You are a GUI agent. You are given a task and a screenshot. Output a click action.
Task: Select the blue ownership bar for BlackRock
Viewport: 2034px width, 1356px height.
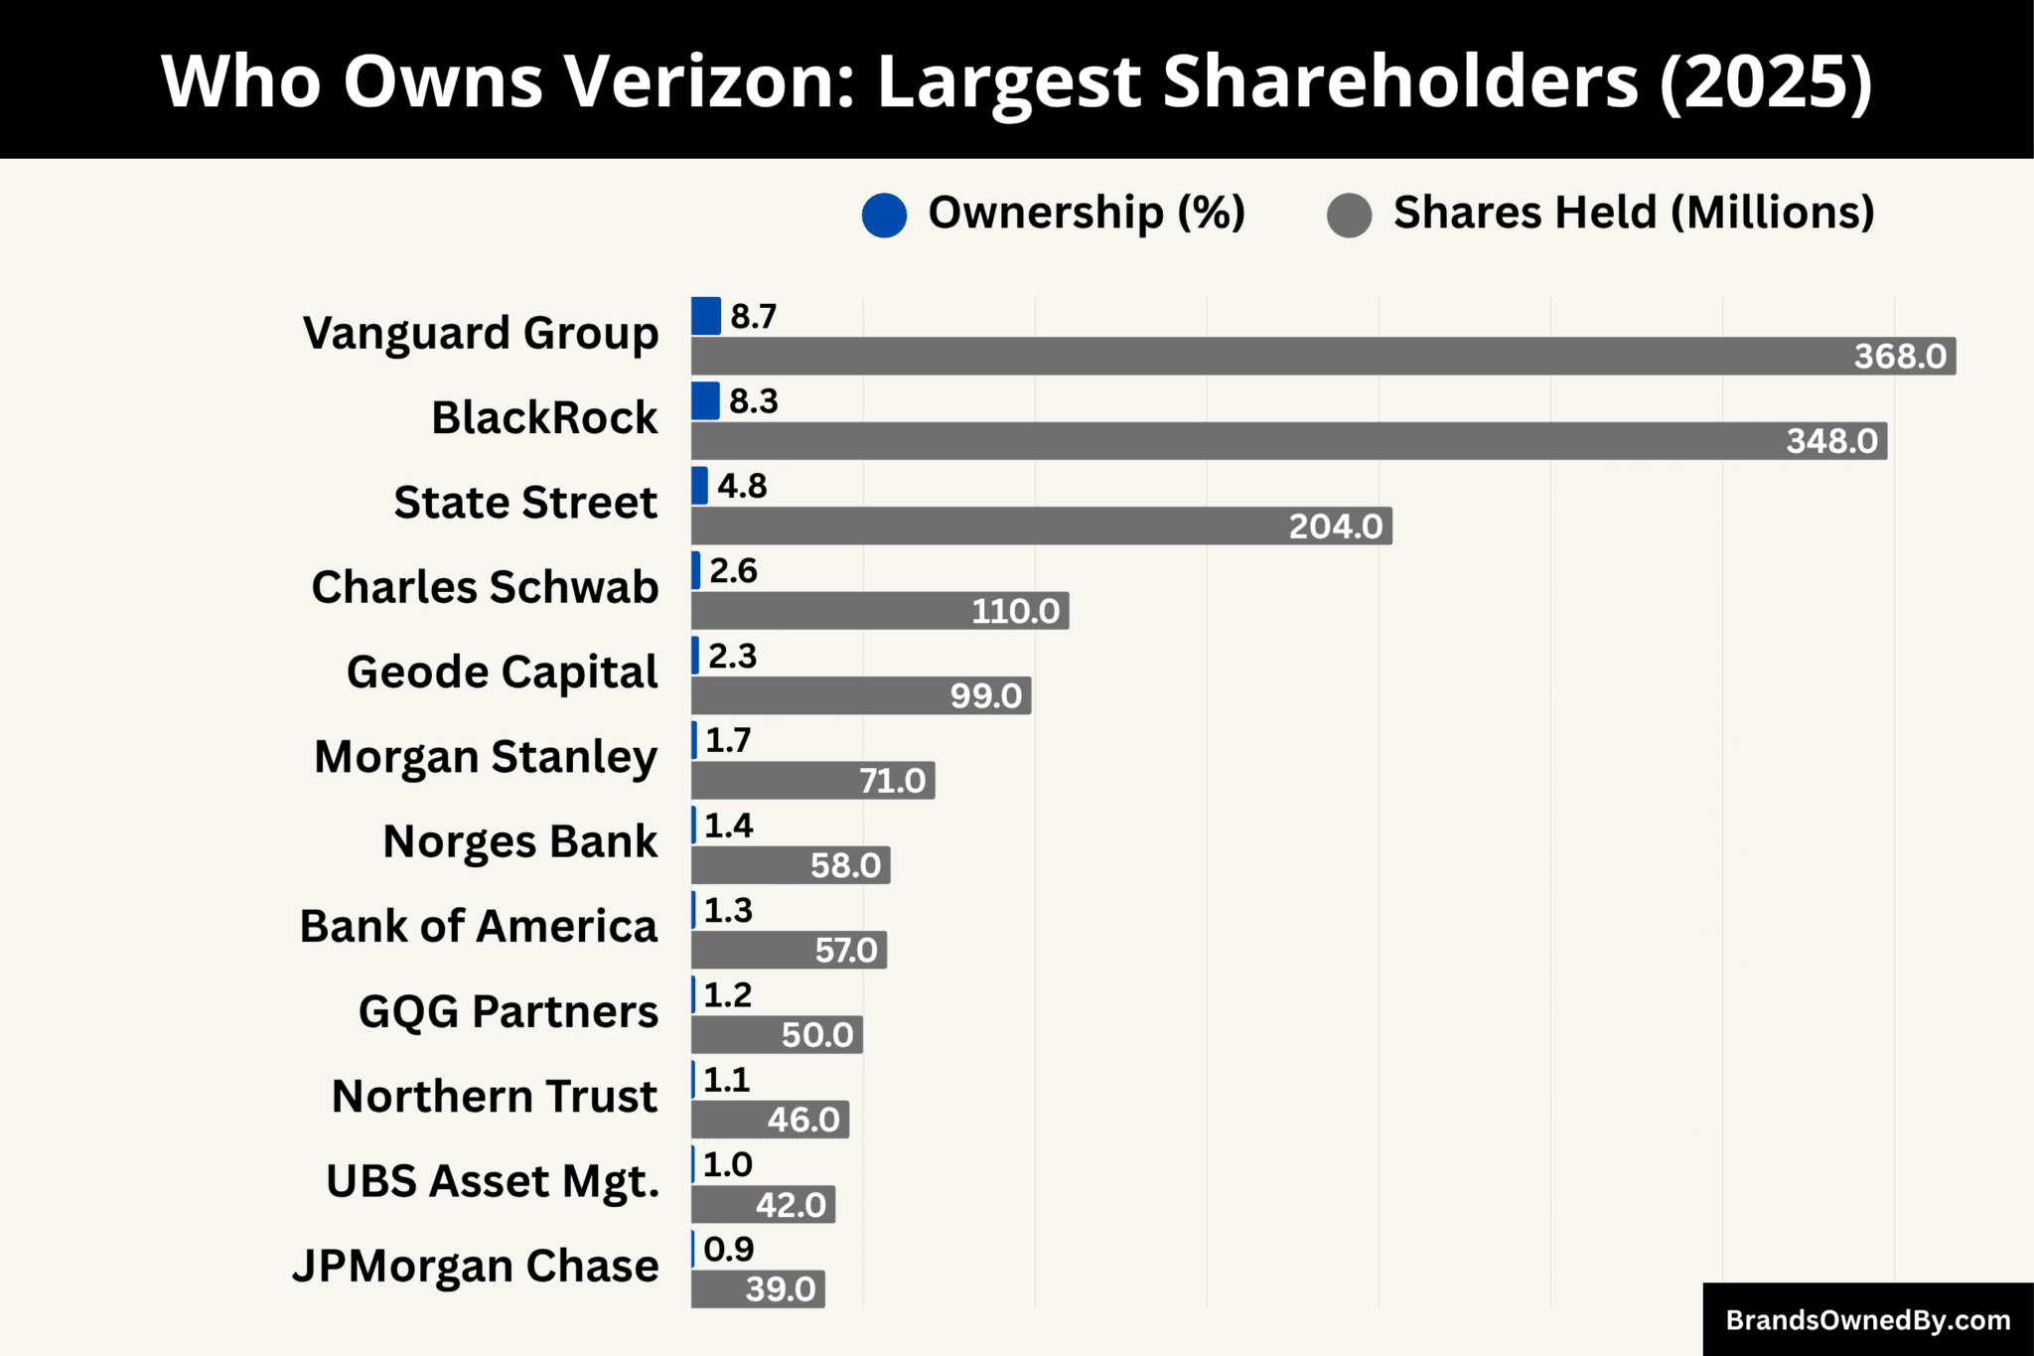pyautogui.click(x=705, y=401)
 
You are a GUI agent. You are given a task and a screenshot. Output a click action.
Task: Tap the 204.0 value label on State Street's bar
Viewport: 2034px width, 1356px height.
pyautogui.click(x=1335, y=526)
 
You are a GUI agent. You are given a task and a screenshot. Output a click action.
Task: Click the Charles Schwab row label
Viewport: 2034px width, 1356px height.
pyautogui.click(x=485, y=587)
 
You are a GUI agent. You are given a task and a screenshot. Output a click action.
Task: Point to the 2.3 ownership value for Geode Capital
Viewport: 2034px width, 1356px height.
pyautogui.click(x=733, y=656)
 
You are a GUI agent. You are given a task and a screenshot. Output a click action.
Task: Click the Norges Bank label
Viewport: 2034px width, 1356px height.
pyautogui.click(x=519, y=841)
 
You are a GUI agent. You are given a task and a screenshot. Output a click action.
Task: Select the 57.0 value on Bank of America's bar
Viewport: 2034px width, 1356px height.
pyautogui.click(x=845, y=951)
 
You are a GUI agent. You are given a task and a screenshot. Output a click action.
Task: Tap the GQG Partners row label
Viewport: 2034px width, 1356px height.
pyautogui.click(x=508, y=1011)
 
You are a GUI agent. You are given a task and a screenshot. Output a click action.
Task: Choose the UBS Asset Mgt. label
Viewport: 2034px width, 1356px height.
pyautogui.click(x=493, y=1181)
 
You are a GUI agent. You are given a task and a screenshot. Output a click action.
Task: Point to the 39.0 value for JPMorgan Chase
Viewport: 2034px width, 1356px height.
pyautogui.click(x=780, y=1289)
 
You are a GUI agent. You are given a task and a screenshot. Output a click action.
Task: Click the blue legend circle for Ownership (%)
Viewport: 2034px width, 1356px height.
pyautogui.click(x=884, y=216)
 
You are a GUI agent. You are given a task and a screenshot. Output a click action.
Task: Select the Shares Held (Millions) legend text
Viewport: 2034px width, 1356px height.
pyautogui.click(x=1633, y=213)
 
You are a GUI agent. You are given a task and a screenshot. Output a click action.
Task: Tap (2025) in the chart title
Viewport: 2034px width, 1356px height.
pyautogui.click(x=1766, y=81)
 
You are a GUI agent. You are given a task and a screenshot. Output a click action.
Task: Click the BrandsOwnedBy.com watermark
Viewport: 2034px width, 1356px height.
pyautogui.click(x=1867, y=1320)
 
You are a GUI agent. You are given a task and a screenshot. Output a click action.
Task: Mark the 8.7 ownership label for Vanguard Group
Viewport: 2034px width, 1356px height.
pyautogui.click(x=753, y=317)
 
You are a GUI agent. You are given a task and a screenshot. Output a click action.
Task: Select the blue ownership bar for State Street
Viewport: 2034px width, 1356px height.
pyautogui.click(x=699, y=486)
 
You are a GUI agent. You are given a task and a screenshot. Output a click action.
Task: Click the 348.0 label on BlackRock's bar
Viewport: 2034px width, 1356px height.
pyautogui.click(x=1831, y=441)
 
